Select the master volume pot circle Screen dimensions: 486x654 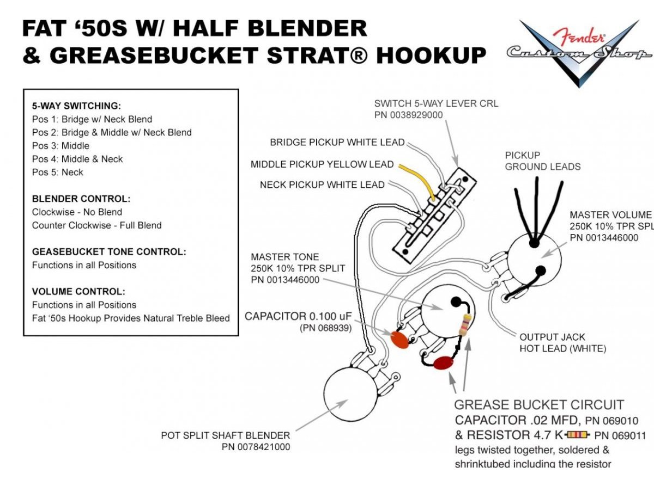tap(534, 259)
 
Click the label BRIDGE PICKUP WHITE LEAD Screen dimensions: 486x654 tap(337, 143)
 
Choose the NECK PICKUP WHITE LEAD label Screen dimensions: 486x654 tap(322, 185)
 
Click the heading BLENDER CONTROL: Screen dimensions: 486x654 tap(81, 199)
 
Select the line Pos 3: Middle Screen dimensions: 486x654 tap(60, 146)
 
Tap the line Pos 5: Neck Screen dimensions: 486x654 tap(58, 173)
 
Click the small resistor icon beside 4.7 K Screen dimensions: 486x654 tap(578, 435)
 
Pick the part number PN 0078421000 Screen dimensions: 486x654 tap(256, 447)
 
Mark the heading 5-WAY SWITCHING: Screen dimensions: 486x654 tap(76, 106)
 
